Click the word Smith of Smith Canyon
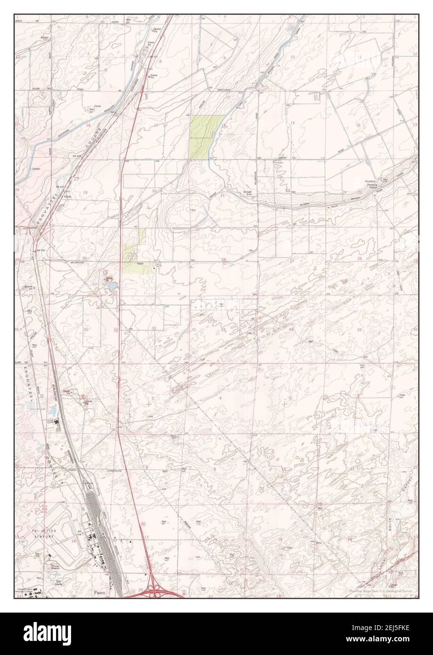pyautogui.click(x=390, y=531)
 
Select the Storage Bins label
pyautogui.click(x=248, y=193)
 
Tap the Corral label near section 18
pyautogui.click(x=98, y=106)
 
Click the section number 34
pyautogui.click(x=292, y=329)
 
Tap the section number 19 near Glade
pyautogui.click(x=85, y=193)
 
